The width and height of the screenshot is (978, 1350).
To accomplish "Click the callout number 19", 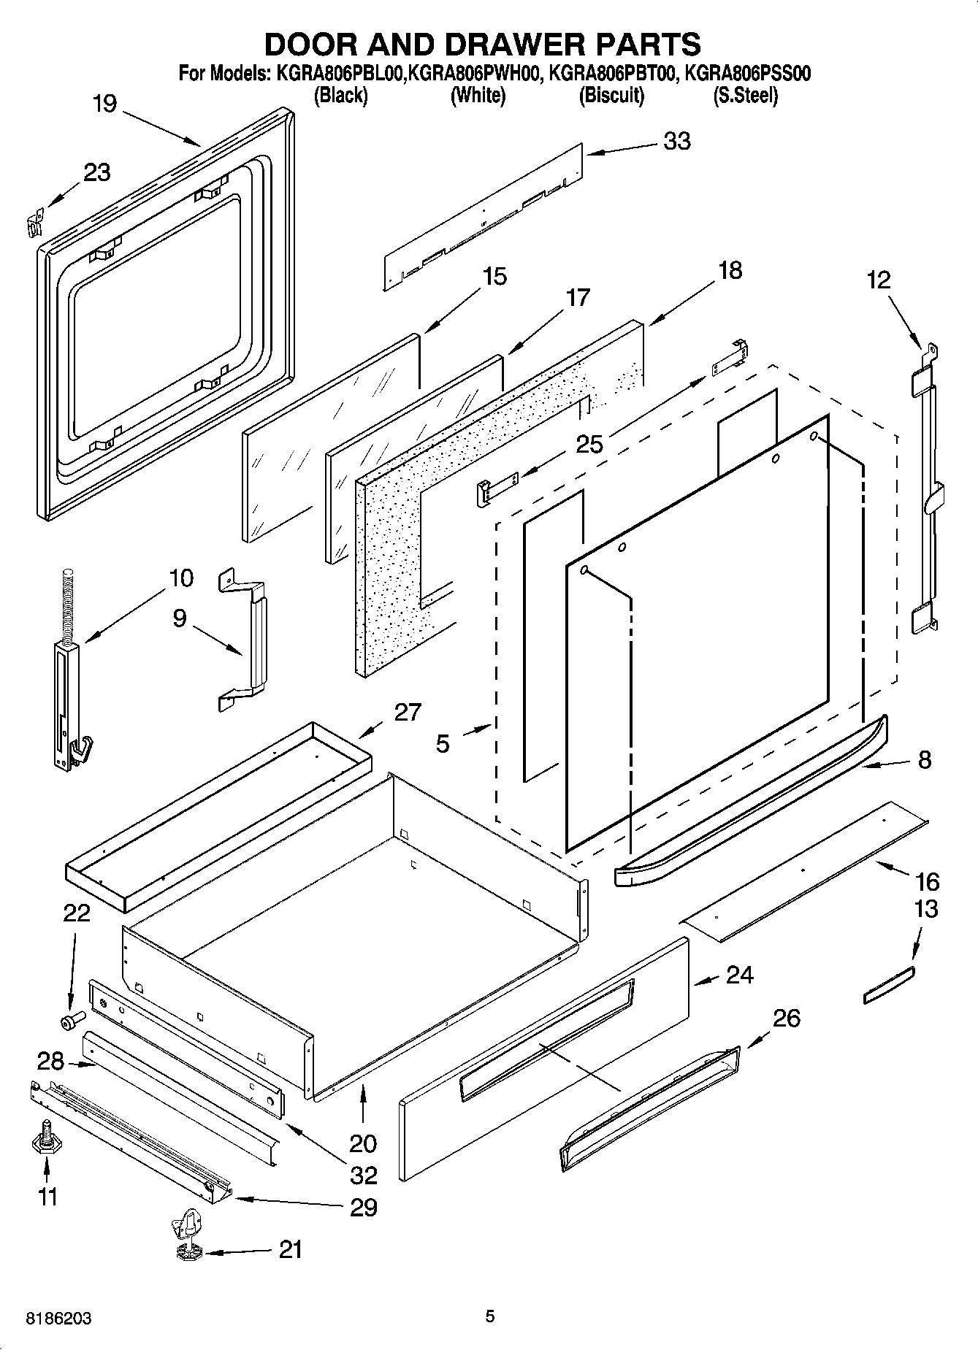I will pyautogui.click(x=105, y=104).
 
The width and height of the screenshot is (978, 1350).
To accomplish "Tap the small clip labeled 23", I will pyautogui.click(x=32, y=221).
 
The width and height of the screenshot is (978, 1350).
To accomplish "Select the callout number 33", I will pyautogui.click(x=676, y=141).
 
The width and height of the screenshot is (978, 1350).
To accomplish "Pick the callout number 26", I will pyautogui.click(x=786, y=1018).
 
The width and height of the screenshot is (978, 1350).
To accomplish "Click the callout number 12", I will pyautogui.click(x=879, y=280).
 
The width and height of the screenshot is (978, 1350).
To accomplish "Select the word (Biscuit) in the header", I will pyautogui.click(x=611, y=96).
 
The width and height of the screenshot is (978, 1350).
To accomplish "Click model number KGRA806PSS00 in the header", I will pyautogui.click(x=744, y=74).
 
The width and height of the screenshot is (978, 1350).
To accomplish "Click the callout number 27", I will pyautogui.click(x=408, y=712).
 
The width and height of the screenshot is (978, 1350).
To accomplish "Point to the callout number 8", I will pyautogui.click(x=924, y=760).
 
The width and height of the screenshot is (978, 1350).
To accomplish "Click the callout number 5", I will pyautogui.click(x=443, y=744).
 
